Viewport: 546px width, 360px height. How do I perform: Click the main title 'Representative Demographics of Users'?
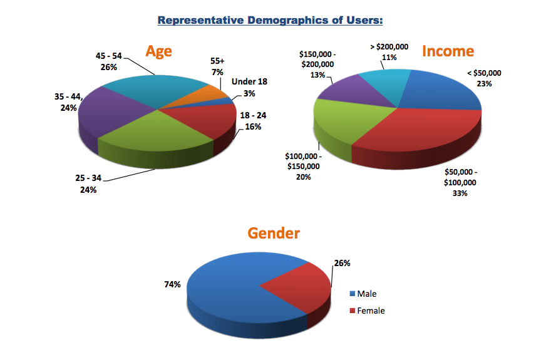[x=270, y=20]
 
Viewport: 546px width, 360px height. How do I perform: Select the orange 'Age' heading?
[x=159, y=51]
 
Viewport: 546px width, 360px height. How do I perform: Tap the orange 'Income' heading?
[x=448, y=51]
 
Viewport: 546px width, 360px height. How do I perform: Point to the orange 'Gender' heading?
[x=274, y=234]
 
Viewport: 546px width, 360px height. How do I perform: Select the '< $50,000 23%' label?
[x=483, y=78]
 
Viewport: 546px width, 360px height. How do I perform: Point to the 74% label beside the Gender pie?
[x=173, y=284]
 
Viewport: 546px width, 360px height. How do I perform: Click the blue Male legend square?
[x=352, y=294]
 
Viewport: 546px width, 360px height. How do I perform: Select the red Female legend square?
[x=352, y=311]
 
